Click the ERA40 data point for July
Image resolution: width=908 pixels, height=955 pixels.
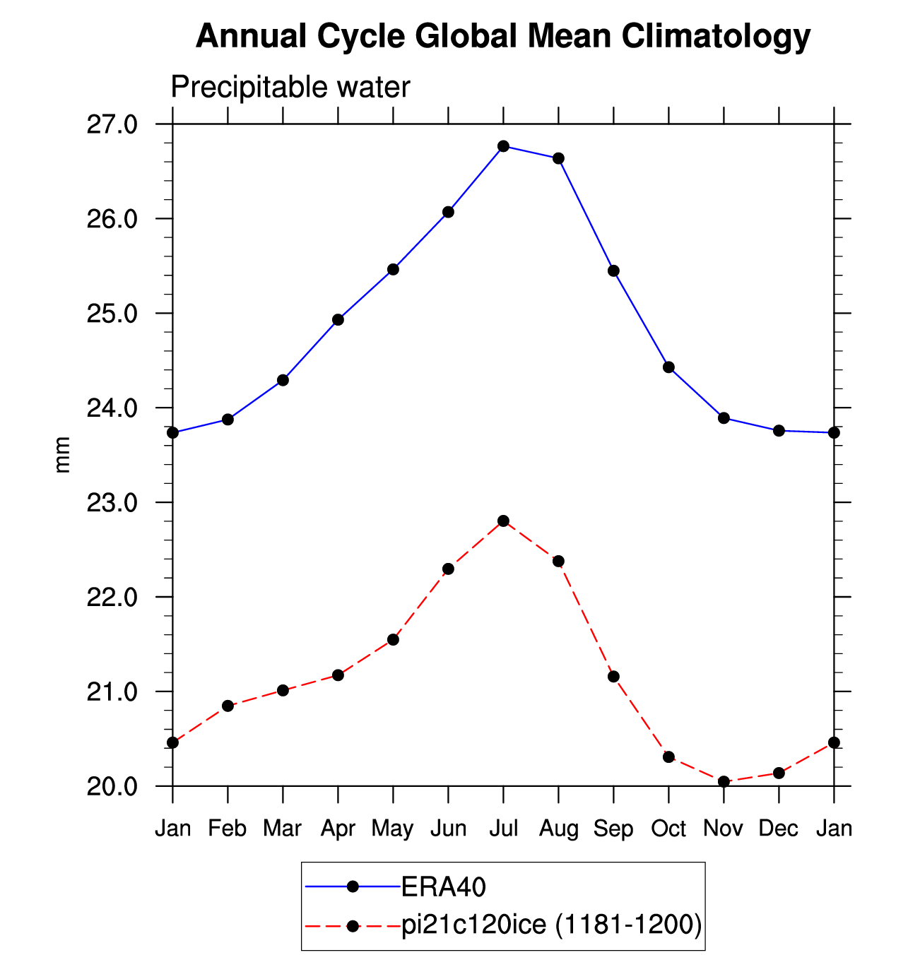pos(503,146)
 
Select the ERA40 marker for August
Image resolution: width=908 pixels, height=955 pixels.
pos(558,158)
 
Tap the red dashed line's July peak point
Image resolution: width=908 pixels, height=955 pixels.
pos(503,521)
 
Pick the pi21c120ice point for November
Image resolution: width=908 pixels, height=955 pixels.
pos(724,781)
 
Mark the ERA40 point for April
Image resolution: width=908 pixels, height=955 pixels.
pos(338,320)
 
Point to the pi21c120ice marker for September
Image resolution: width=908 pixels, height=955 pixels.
pos(613,677)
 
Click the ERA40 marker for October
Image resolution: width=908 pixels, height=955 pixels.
pos(669,367)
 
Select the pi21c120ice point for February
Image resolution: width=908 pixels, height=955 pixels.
pos(228,706)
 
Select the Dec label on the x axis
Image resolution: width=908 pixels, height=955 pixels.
pos(778,829)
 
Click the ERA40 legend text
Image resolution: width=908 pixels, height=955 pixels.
pos(443,887)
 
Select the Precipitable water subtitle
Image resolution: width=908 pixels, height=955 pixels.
pos(290,88)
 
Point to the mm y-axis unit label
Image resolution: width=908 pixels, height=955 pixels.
pos(62,455)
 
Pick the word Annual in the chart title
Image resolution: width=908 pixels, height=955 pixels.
pos(252,36)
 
